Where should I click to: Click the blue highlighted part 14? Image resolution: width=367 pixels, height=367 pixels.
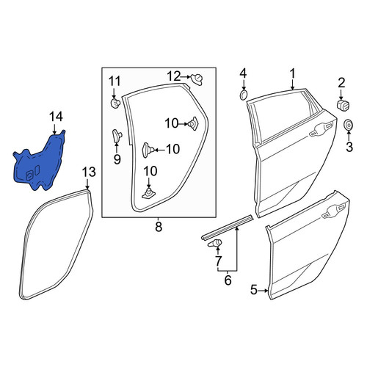point(39,164)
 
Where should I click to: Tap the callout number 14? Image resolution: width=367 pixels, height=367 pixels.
point(56,117)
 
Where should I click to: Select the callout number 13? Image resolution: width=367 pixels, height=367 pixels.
point(89,172)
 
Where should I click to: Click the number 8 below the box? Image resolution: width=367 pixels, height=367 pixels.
point(159,227)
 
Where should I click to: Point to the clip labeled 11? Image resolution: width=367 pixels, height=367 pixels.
point(115,103)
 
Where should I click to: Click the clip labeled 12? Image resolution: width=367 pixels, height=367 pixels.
point(197,79)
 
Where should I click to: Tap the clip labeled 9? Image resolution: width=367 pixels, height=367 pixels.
point(117,136)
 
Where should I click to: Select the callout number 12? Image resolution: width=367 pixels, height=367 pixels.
point(174,76)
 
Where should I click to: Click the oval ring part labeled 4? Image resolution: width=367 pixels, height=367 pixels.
point(244,95)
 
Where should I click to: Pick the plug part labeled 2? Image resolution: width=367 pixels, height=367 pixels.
point(343,105)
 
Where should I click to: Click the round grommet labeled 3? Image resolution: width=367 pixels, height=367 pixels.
point(349,126)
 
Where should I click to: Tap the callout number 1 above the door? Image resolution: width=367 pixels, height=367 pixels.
point(293,73)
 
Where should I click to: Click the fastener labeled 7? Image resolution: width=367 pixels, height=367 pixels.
point(215,243)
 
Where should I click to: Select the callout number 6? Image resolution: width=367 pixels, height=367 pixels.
point(228,280)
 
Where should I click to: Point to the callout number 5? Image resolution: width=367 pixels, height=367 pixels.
point(254,291)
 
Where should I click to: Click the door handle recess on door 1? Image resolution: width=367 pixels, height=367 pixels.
point(321,128)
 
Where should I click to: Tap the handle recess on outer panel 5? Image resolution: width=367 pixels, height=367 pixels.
point(334,210)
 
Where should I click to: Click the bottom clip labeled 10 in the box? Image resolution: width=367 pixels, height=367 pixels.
point(148,193)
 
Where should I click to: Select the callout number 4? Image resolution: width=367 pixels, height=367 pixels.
point(243,73)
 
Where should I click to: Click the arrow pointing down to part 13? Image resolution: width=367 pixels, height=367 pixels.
point(87,183)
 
